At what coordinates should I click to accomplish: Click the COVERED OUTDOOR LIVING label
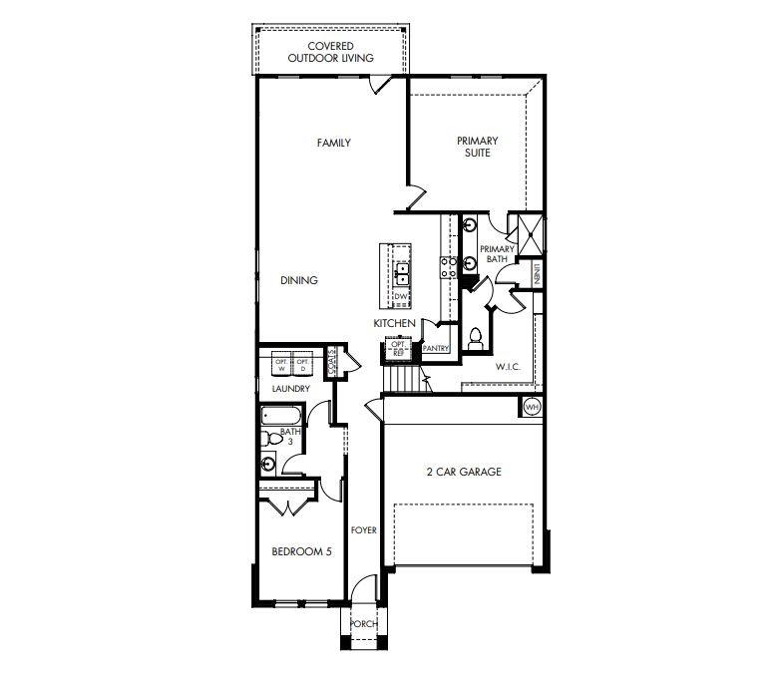330,52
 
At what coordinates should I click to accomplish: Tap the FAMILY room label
333,143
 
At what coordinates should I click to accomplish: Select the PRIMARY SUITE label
477,147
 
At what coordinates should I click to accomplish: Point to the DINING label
298,280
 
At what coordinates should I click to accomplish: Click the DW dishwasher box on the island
400,296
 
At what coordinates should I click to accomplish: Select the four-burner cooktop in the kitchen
449,265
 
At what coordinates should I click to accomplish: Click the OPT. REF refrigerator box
398,348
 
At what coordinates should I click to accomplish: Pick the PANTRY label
436,348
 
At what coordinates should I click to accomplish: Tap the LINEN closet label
537,274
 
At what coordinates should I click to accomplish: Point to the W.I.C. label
509,367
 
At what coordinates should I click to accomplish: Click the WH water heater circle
532,407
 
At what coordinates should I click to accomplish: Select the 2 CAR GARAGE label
462,472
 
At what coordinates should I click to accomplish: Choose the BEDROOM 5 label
301,551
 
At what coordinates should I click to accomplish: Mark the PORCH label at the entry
363,624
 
